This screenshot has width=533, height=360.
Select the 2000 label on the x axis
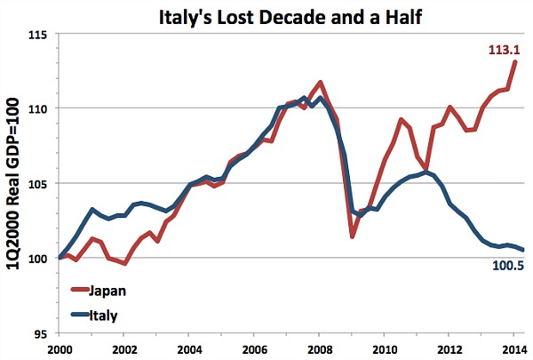[x=60, y=349]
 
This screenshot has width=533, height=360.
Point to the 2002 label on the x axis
[x=124, y=349]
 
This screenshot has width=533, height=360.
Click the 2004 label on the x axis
[x=189, y=349]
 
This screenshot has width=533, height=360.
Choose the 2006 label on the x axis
[x=254, y=349]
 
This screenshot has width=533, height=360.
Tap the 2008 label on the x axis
[x=319, y=349]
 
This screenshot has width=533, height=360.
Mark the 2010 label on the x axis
[x=384, y=349]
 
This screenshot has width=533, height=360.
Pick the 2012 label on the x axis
[x=449, y=349]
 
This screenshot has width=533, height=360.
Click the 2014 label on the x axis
[x=513, y=349]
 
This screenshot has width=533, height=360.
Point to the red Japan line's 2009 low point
[x=353, y=236]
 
